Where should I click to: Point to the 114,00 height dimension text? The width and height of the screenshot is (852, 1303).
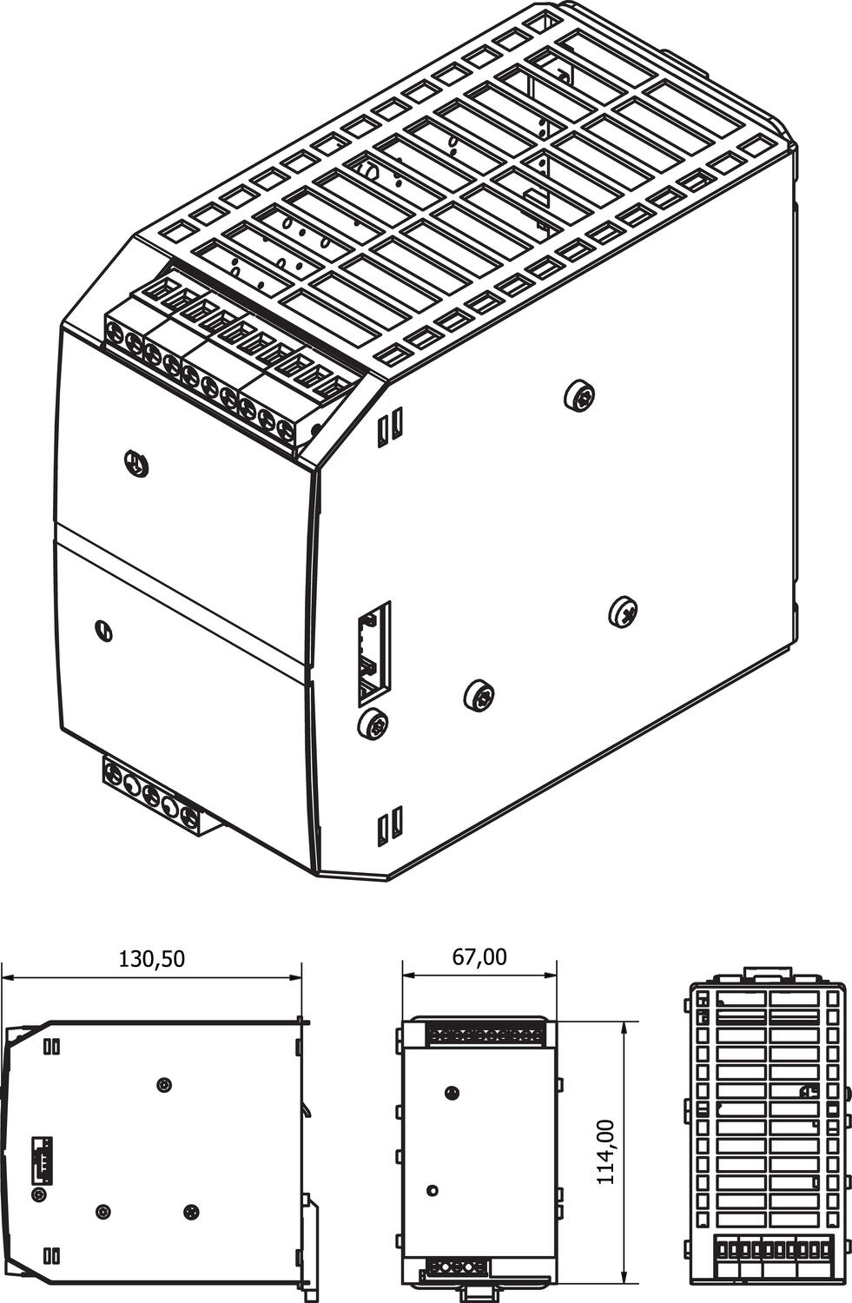(x=605, y=1152)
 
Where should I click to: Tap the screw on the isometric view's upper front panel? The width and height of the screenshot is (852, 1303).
(x=136, y=464)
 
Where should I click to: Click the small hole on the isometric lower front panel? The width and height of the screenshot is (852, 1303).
(x=104, y=631)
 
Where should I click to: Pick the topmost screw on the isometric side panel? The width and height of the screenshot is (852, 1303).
(x=579, y=395)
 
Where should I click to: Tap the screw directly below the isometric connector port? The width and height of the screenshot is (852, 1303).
(x=373, y=723)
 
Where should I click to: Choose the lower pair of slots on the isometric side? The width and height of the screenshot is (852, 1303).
(x=390, y=825)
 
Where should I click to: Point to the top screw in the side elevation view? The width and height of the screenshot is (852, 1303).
(x=165, y=1085)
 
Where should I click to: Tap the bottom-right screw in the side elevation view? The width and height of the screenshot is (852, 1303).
(x=191, y=1210)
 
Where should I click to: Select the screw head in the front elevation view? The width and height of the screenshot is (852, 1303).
(x=451, y=1093)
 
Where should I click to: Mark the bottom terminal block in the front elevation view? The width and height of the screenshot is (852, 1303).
(x=457, y=1265)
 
